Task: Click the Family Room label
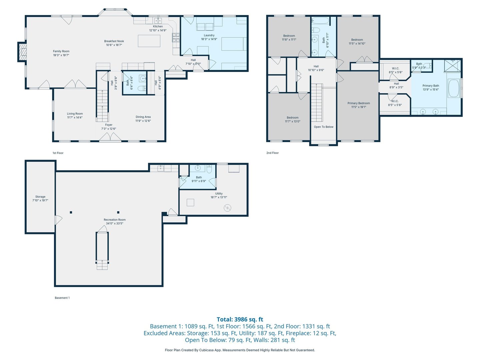(61, 51)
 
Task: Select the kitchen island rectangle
(149, 41)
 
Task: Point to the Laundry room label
(209, 35)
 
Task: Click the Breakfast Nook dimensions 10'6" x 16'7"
(114, 45)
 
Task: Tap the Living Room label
(75, 114)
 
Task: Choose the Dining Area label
(143, 117)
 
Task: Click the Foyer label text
(109, 125)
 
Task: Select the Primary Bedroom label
(359, 103)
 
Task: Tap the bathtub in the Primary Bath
(454, 88)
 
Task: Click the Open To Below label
(323, 127)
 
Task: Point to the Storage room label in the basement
(40, 197)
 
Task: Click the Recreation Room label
(115, 220)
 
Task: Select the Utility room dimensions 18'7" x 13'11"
(219, 197)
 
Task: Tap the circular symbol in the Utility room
(227, 208)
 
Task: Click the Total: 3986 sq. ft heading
(240, 319)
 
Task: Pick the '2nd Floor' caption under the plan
(272, 153)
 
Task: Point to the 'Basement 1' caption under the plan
(62, 298)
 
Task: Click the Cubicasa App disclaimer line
(240, 350)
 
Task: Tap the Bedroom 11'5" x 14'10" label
(357, 42)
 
